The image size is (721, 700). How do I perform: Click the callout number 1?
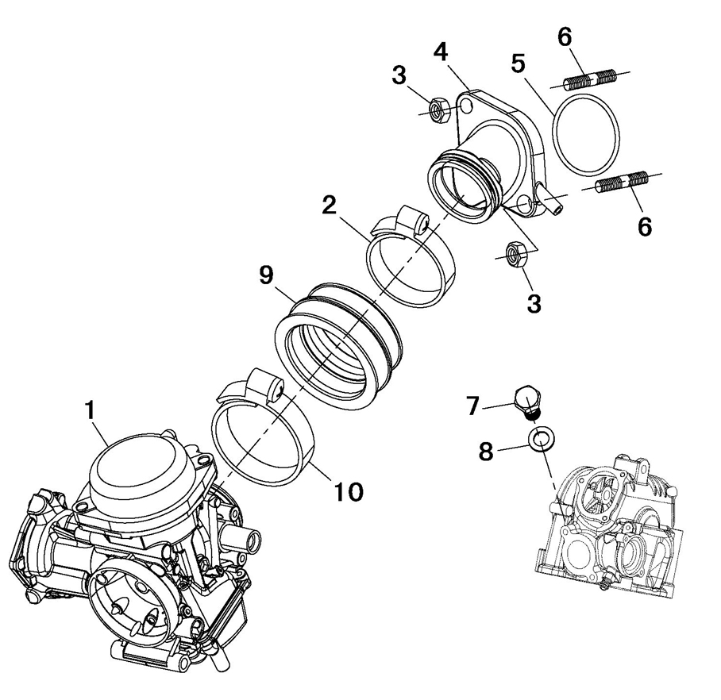[91, 410]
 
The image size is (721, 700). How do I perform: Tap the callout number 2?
[330, 206]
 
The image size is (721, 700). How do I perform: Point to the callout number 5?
[518, 63]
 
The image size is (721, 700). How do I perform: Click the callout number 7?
[473, 406]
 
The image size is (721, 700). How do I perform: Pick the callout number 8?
[486, 451]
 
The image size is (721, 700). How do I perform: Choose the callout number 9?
[266, 275]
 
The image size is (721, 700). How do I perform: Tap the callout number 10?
[348, 492]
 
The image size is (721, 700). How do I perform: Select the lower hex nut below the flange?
[516, 253]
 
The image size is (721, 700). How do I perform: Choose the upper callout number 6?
[565, 37]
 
